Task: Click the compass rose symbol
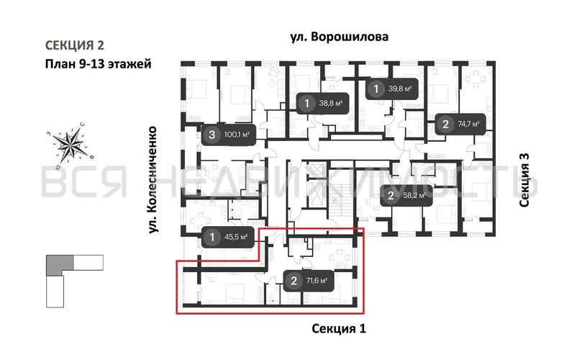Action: [73, 143]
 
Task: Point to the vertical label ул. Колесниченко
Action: [153, 179]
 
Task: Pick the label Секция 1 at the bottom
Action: [339, 329]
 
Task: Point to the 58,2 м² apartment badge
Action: [404, 195]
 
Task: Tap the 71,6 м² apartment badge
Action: [308, 281]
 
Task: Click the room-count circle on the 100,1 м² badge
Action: [211, 134]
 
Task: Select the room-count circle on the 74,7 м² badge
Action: [445, 125]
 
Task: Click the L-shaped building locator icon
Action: [70, 278]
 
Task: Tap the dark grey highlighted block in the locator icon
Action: [55, 264]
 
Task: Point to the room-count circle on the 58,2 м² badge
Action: [391, 195]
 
